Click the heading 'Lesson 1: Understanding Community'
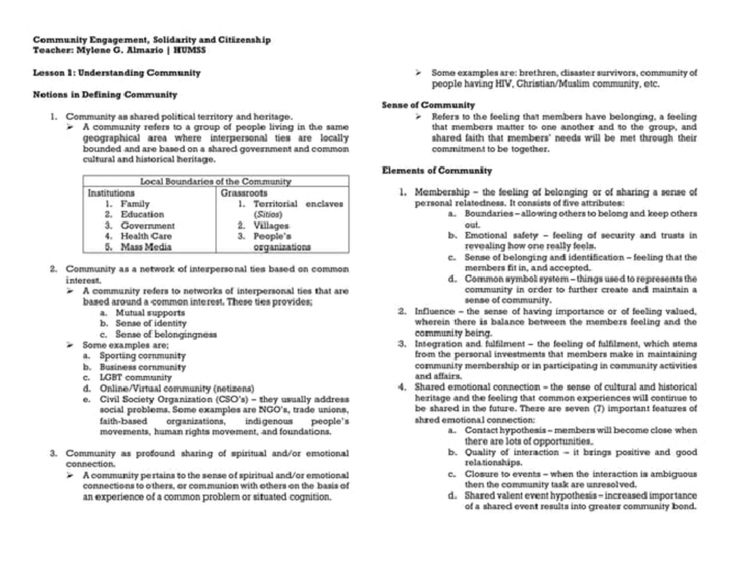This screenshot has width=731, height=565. (x=116, y=72)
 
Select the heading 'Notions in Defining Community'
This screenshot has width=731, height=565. (x=105, y=94)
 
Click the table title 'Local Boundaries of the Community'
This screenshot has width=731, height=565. (x=216, y=181)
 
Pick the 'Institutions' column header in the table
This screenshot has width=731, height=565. (x=111, y=192)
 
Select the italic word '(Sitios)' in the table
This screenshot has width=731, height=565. (x=268, y=214)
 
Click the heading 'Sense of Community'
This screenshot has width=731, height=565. (x=428, y=105)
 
